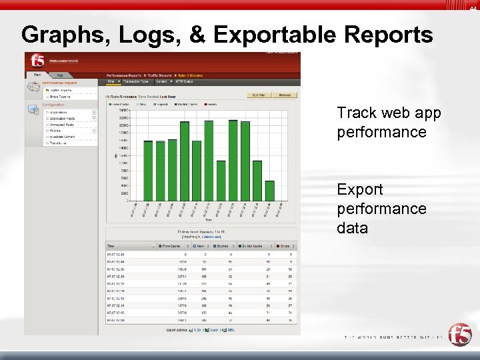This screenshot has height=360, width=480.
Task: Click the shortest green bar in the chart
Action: [269, 190]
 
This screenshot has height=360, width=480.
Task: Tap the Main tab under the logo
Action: [38, 75]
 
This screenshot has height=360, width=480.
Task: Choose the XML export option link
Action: [231, 330]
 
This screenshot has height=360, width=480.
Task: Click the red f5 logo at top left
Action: [37, 61]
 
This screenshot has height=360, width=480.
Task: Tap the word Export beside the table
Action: [360, 189]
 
